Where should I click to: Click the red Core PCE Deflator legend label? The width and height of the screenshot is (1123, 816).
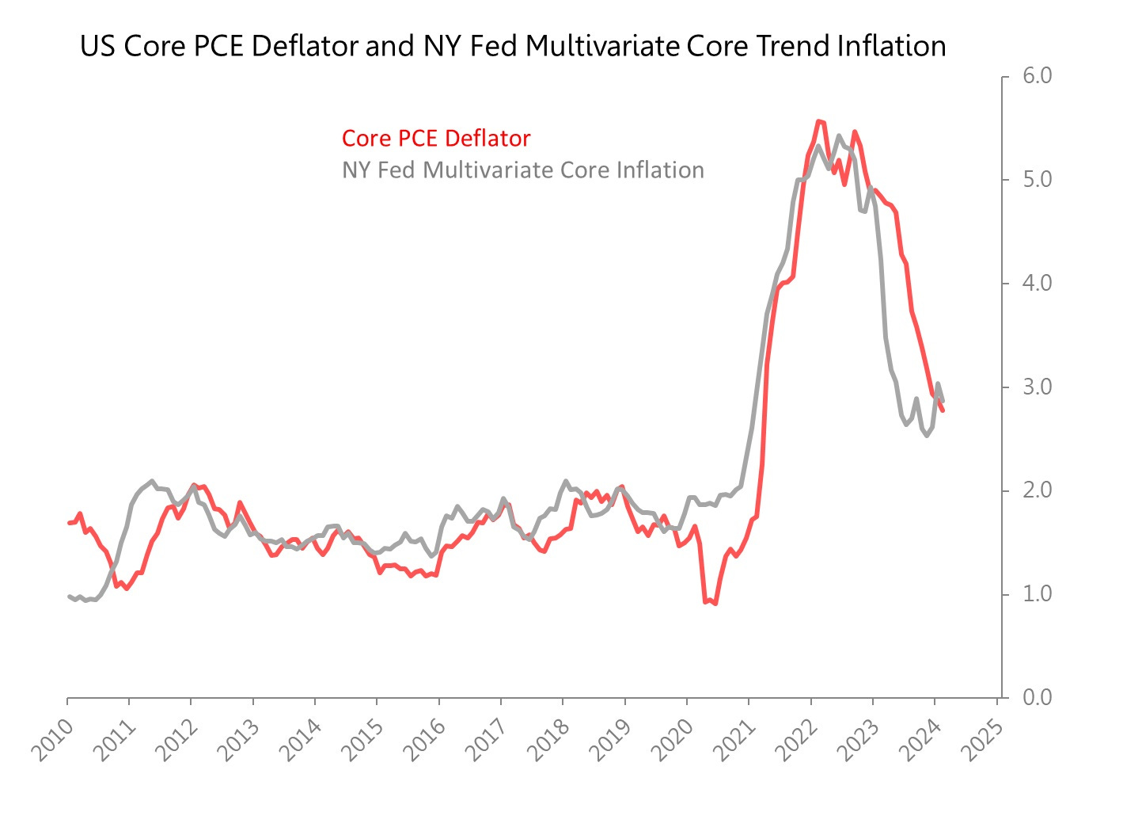tap(435, 139)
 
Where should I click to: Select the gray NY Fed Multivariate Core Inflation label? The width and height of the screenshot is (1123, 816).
tap(522, 170)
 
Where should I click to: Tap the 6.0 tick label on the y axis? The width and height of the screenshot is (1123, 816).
tap(1037, 76)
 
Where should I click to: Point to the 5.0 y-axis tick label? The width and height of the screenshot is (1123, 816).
tap(1037, 180)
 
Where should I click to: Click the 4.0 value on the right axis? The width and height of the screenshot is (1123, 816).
tap(1037, 283)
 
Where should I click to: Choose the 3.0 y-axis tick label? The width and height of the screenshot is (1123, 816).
tap(1037, 387)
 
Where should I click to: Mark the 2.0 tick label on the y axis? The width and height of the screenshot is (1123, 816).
tap(1037, 490)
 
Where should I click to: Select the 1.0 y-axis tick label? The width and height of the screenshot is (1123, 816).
tap(1037, 594)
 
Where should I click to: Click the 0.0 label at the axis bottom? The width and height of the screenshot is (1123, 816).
tap(1037, 697)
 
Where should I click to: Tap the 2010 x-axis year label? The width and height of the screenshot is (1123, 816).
tap(54, 740)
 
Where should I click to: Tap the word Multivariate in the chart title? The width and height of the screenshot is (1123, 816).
tap(603, 46)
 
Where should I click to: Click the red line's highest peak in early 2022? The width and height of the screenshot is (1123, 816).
tap(818, 121)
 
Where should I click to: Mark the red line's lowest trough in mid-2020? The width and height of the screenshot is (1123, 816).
tap(715, 604)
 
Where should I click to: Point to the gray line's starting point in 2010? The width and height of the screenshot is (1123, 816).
tap(69, 596)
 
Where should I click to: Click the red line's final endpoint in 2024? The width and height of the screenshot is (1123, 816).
tap(943, 410)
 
